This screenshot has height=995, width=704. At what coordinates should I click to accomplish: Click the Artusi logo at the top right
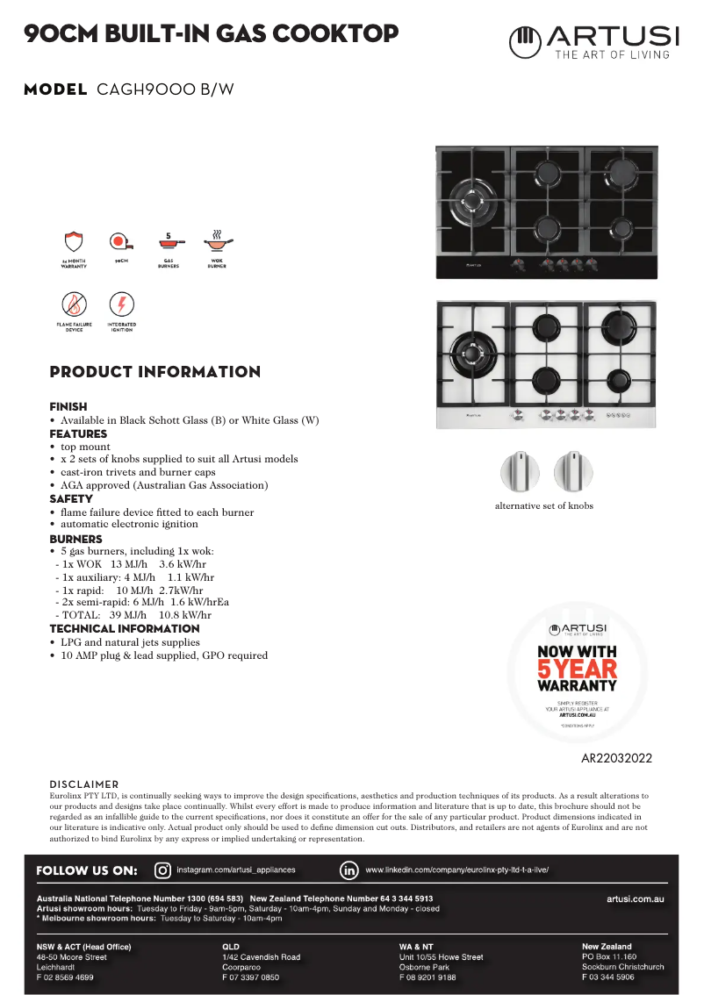(x=594, y=41)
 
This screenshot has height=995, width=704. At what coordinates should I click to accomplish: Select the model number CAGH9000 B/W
(x=165, y=89)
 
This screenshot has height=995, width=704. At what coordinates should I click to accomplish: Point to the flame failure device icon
(x=74, y=305)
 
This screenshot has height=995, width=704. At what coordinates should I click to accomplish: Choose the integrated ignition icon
(x=121, y=305)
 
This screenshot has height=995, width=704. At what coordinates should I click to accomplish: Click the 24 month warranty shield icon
(x=74, y=242)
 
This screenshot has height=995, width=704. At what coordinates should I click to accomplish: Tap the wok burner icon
(x=216, y=240)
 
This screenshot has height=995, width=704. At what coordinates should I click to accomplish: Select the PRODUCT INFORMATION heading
(x=155, y=372)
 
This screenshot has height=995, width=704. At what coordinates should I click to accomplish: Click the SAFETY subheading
(x=71, y=498)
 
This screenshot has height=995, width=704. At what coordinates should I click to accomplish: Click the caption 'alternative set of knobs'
(x=543, y=505)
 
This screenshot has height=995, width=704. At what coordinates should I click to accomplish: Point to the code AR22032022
(x=616, y=758)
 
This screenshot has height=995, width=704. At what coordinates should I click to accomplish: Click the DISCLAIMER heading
(x=83, y=784)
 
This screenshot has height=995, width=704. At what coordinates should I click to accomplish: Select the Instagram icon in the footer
(x=162, y=870)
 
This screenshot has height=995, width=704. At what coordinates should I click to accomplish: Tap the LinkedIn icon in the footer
(x=348, y=870)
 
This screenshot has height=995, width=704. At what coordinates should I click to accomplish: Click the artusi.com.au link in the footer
(x=635, y=898)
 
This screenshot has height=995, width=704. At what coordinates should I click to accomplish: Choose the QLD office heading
(x=231, y=947)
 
